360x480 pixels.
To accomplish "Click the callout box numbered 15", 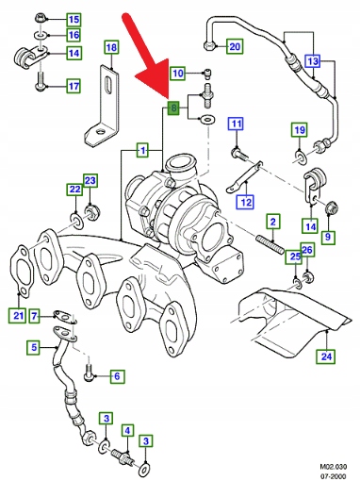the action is [x=74, y=20].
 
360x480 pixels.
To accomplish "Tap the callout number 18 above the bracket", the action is [x=111, y=47].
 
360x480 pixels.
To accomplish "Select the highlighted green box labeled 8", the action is [x=173, y=108].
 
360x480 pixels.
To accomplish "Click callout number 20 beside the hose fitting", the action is [x=235, y=46].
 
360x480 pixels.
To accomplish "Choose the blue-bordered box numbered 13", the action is [x=313, y=61].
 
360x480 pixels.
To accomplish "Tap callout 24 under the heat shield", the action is [x=326, y=356].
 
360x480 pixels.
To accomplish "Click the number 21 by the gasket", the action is [x=18, y=316].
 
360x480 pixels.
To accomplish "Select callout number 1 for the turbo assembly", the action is [x=143, y=150].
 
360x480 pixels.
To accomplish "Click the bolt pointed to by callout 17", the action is [x=41, y=82].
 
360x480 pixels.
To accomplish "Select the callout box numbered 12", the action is [x=245, y=202].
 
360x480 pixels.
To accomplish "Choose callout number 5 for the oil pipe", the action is [x=34, y=347].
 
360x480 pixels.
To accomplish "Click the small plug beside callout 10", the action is [x=207, y=73].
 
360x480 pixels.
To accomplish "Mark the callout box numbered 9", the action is [x=328, y=237].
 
